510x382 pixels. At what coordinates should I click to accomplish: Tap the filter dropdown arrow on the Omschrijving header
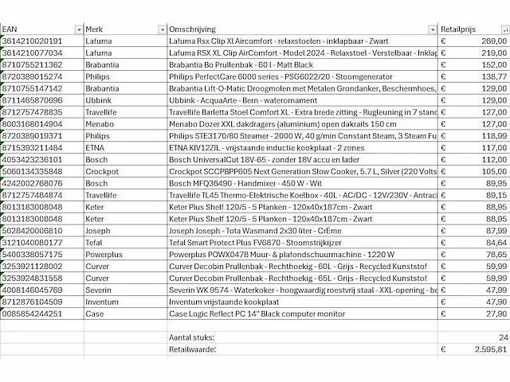432,29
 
